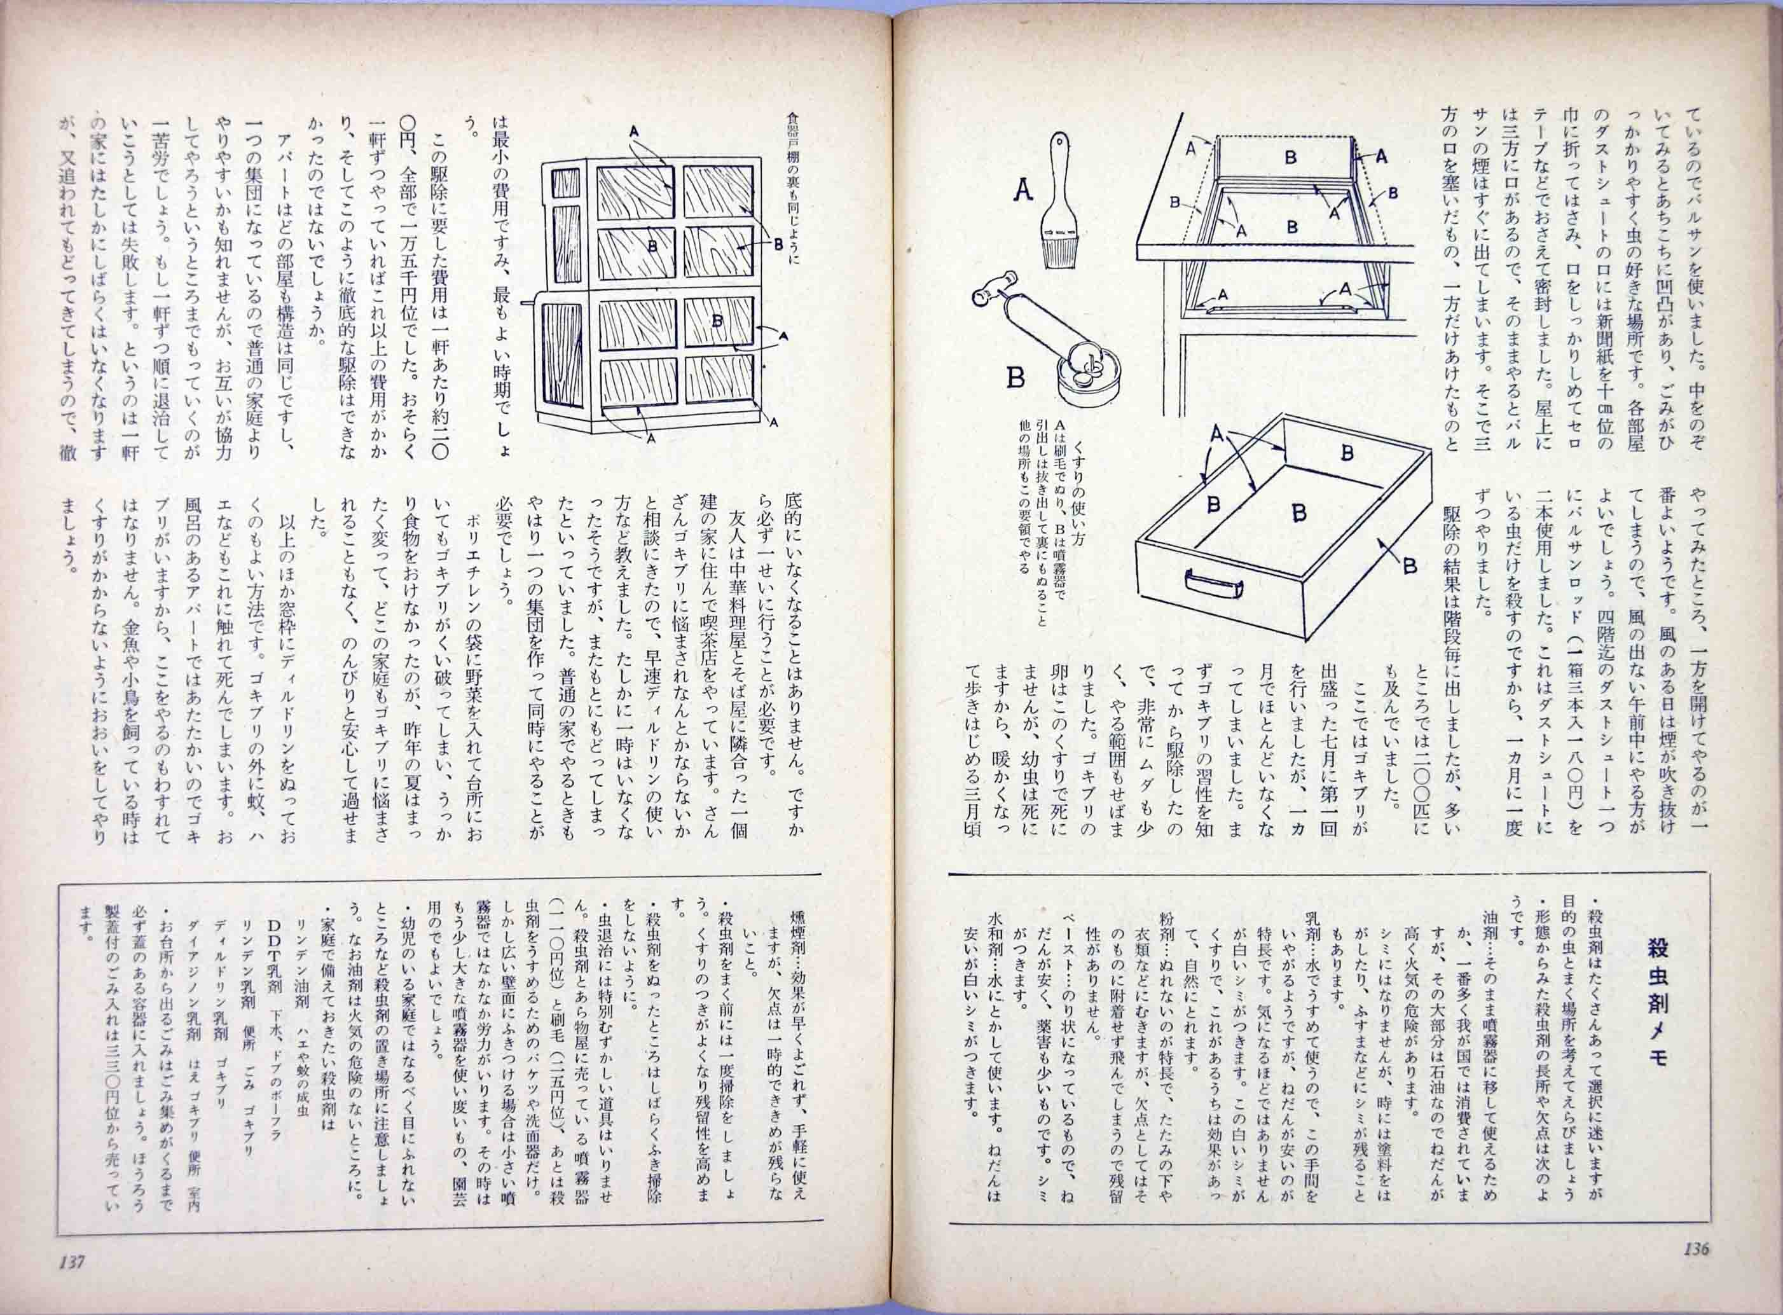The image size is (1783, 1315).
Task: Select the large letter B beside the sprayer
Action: (x=1015, y=377)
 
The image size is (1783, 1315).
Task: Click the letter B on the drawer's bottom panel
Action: (x=1298, y=513)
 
